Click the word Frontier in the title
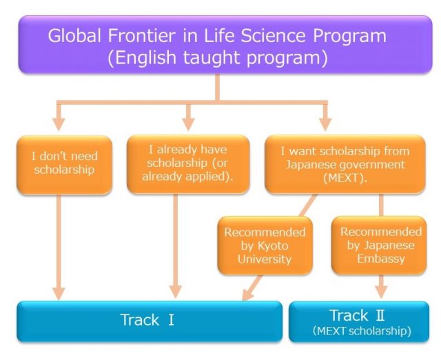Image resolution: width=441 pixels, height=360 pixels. pyautogui.click(x=141, y=36)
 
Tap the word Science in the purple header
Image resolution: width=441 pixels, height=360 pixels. pyautogui.click(x=273, y=36)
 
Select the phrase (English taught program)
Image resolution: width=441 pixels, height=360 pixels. pyautogui.click(x=218, y=58)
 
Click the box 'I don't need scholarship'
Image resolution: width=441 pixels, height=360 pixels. pyautogui.click(x=64, y=165)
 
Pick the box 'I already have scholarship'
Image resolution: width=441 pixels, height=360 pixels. pyautogui.click(x=188, y=164)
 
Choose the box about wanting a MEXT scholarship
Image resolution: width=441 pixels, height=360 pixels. pyautogui.click(x=345, y=164)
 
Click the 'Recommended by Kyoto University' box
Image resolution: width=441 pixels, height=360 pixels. pyautogui.click(x=265, y=246)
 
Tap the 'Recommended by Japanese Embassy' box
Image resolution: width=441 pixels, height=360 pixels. pyautogui.click(x=379, y=245)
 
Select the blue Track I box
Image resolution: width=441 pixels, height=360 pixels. pyautogui.click(x=150, y=321)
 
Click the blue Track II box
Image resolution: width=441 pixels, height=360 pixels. pyautogui.click(x=359, y=321)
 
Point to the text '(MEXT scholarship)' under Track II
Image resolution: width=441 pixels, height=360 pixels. pyautogui.click(x=362, y=331)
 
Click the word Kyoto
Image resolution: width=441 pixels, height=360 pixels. pyautogui.click(x=273, y=246)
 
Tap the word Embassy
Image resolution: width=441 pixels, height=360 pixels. pyautogui.click(x=381, y=259)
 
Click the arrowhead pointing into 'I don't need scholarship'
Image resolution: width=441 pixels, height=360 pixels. pyautogui.click(x=59, y=124)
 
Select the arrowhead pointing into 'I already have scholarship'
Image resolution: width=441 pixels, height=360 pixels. pyautogui.click(x=188, y=124)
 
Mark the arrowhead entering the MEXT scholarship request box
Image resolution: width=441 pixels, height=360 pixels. pyautogui.click(x=325, y=124)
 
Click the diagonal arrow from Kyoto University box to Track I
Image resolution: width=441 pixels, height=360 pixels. pyautogui.click(x=252, y=288)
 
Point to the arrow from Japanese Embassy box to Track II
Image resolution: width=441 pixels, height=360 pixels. pyautogui.click(x=381, y=286)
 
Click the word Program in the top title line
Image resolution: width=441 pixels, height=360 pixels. pyautogui.click(x=349, y=36)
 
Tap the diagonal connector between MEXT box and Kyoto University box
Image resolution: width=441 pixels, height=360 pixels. pyautogui.click(x=308, y=206)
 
